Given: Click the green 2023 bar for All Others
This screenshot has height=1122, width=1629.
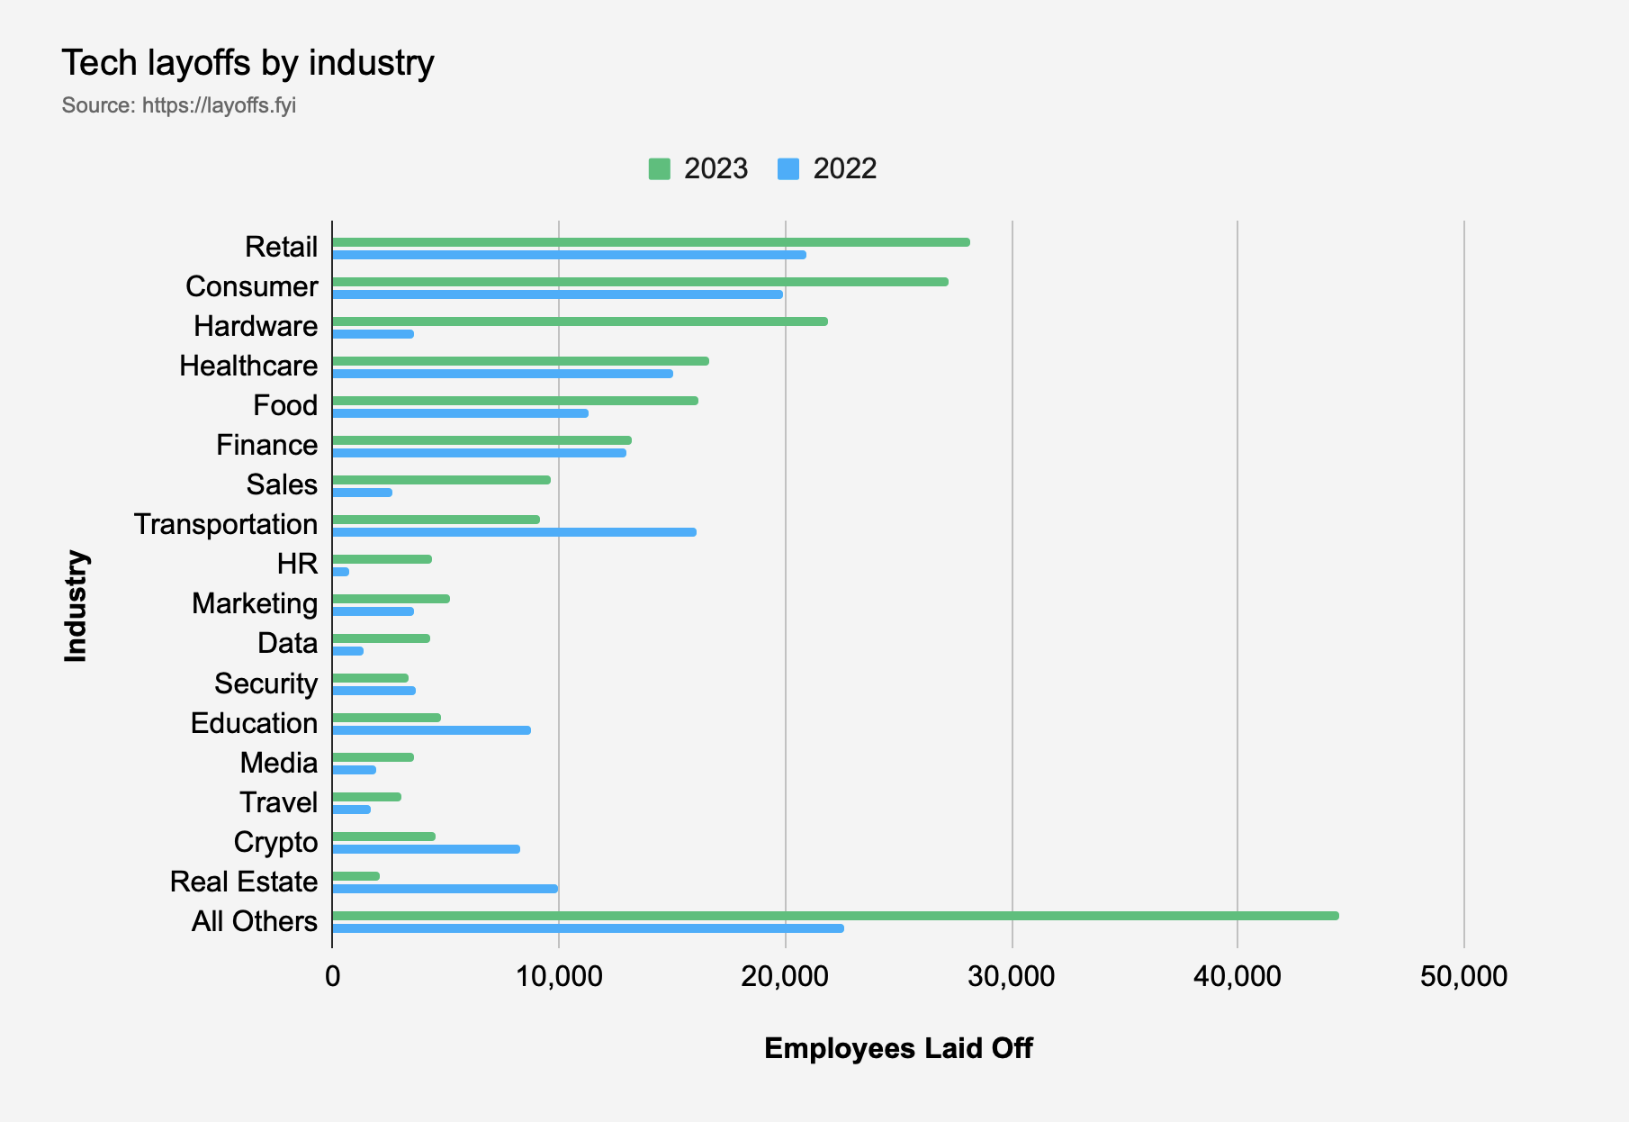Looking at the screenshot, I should [835, 916].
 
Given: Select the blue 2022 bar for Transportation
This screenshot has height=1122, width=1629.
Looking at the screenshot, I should [514, 532].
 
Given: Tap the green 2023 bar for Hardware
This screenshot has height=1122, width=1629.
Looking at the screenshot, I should [580, 321].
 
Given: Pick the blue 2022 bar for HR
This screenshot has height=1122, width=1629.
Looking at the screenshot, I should [341, 572].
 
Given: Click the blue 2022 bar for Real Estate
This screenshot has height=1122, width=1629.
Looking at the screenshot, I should [445, 889].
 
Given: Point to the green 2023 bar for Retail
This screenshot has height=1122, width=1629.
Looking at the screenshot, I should [651, 242].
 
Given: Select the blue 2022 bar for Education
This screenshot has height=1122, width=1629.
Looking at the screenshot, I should [431, 730].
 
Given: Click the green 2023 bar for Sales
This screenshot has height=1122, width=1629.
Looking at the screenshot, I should [441, 480].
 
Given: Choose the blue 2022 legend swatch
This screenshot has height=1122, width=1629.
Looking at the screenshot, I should [788, 169].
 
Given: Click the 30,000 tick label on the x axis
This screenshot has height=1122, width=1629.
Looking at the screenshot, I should [1012, 976].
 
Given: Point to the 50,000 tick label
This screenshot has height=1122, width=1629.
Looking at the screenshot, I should [1463, 976].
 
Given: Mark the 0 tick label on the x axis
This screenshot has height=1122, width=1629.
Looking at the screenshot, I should [332, 976].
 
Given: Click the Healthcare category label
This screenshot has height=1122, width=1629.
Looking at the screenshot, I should [248, 366].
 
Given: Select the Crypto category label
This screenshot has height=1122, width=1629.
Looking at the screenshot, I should [275, 842].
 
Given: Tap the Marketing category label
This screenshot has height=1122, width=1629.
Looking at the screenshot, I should [255, 603].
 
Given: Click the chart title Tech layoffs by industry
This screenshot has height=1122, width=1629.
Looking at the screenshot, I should [247, 63].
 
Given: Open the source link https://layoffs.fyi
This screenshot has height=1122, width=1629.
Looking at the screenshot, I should [219, 105].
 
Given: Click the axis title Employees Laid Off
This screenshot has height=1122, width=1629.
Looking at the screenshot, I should [898, 1048].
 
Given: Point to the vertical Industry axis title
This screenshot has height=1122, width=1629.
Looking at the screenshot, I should [76, 606].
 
